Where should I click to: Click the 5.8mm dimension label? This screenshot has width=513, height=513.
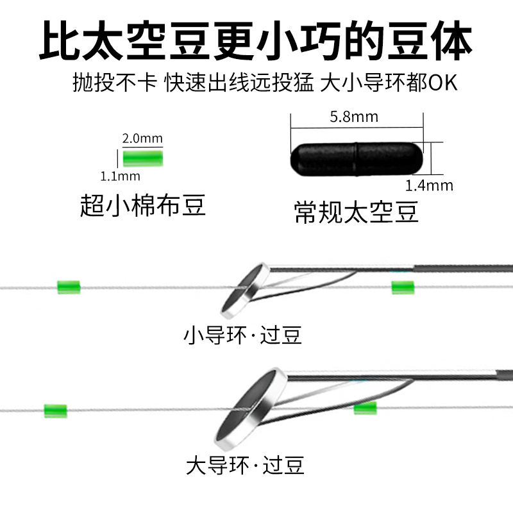coord(353,117)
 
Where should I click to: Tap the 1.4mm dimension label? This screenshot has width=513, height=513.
coord(429,186)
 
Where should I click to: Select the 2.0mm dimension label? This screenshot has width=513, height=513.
coord(142,139)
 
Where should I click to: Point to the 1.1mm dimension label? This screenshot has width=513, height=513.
coord(120,176)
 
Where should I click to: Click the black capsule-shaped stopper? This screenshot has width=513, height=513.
coord(357,157)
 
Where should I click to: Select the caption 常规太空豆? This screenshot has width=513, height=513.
coord(357,212)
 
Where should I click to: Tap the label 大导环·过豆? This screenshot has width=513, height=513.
coord(244,464)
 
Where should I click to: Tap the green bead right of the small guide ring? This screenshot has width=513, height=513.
coord(402,287)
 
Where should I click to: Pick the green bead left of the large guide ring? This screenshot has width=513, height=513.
coord(56,410)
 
